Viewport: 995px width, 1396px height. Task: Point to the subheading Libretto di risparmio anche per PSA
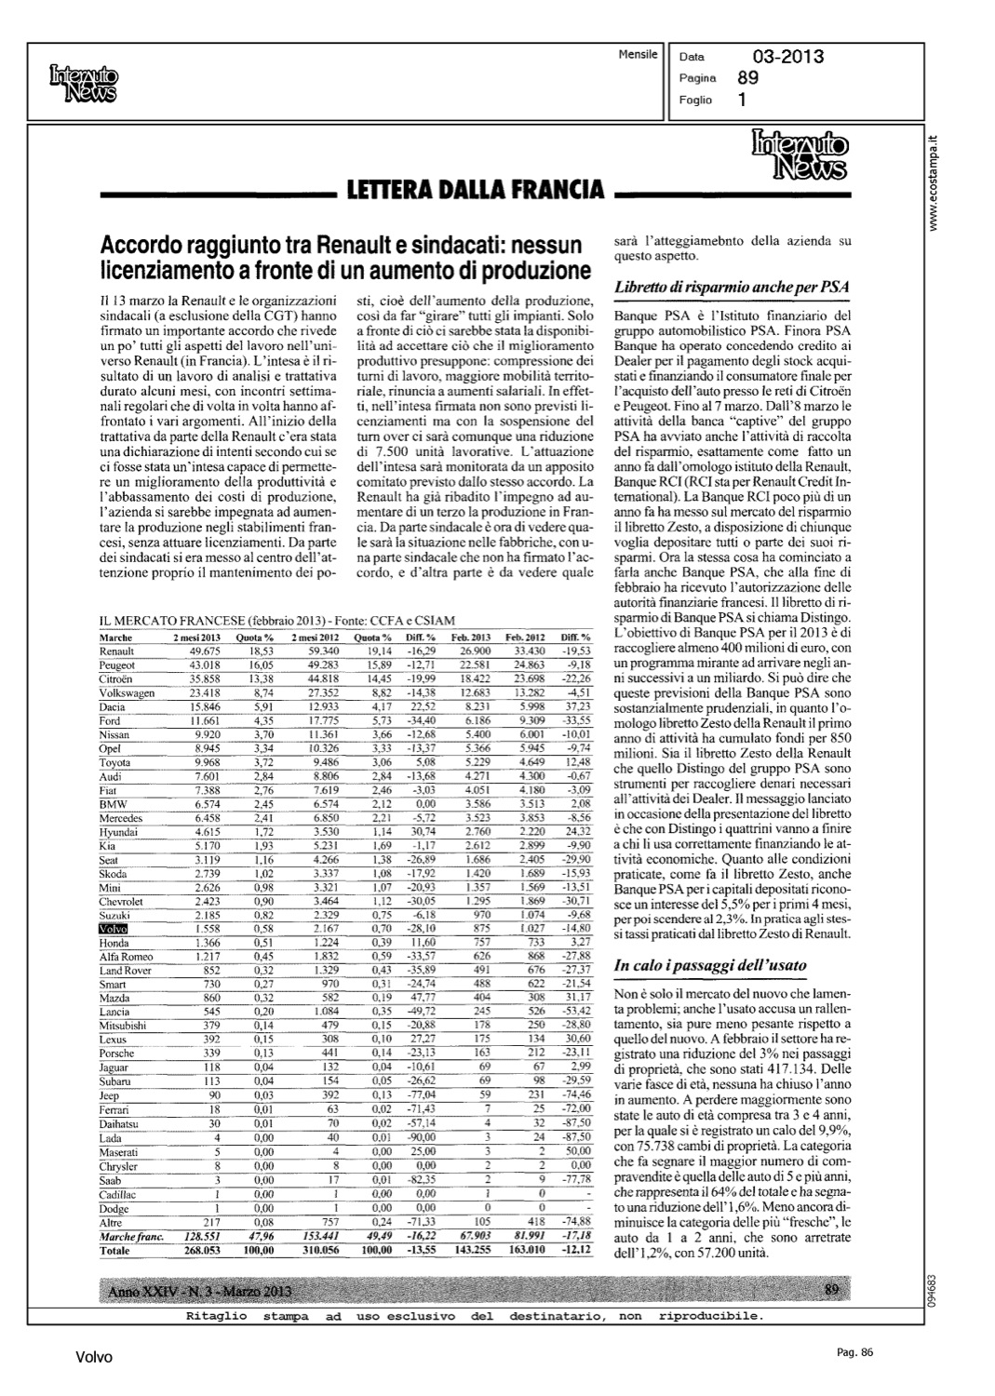point(733,287)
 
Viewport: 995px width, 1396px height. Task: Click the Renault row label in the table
point(116,651)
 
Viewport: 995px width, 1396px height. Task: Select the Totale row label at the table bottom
point(115,1252)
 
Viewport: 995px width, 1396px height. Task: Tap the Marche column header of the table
point(115,638)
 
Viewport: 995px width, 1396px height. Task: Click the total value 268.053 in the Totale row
point(197,1252)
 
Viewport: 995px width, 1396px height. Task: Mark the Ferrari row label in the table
point(114,1110)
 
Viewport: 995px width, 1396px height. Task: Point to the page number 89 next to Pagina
point(747,78)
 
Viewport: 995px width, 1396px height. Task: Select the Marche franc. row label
point(131,1237)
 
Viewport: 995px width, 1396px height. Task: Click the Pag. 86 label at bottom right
point(850,1352)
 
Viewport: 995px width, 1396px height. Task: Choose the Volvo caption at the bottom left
point(94,1358)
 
